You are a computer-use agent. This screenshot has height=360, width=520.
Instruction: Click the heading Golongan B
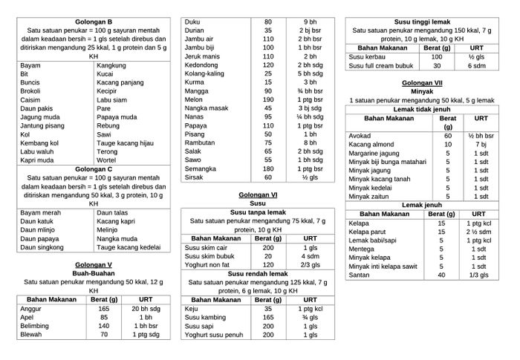[94, 21]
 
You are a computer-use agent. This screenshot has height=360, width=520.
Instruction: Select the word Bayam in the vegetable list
[30, 65]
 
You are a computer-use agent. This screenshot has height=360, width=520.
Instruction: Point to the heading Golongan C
[94, 169]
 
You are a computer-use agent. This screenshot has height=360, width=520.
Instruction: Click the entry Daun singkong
[42, 247]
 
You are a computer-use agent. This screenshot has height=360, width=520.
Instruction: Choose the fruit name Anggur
[31, 308]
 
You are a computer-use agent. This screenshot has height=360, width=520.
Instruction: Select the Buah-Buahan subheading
[94, 273]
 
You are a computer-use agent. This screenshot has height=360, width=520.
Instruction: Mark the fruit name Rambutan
[200, 143]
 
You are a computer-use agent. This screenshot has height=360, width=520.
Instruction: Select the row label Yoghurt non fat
[207, 264]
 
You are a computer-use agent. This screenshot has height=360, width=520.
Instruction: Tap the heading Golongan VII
[422, 82]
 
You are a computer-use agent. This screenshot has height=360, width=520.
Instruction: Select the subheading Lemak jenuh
[422, 205]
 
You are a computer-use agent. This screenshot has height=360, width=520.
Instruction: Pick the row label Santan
[360, 275]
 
